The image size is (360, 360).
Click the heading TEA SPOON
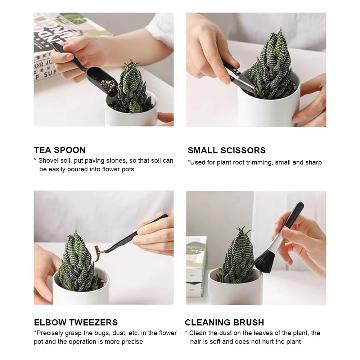tap(60, 150)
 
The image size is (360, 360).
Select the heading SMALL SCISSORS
tap(226, 150)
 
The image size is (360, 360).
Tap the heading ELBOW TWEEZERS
tap(76, 322)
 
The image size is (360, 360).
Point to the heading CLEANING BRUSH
tap(224, 322)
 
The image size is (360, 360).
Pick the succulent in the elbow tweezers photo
tap(77, 263)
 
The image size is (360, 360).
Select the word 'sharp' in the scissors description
tap(314, 162)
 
